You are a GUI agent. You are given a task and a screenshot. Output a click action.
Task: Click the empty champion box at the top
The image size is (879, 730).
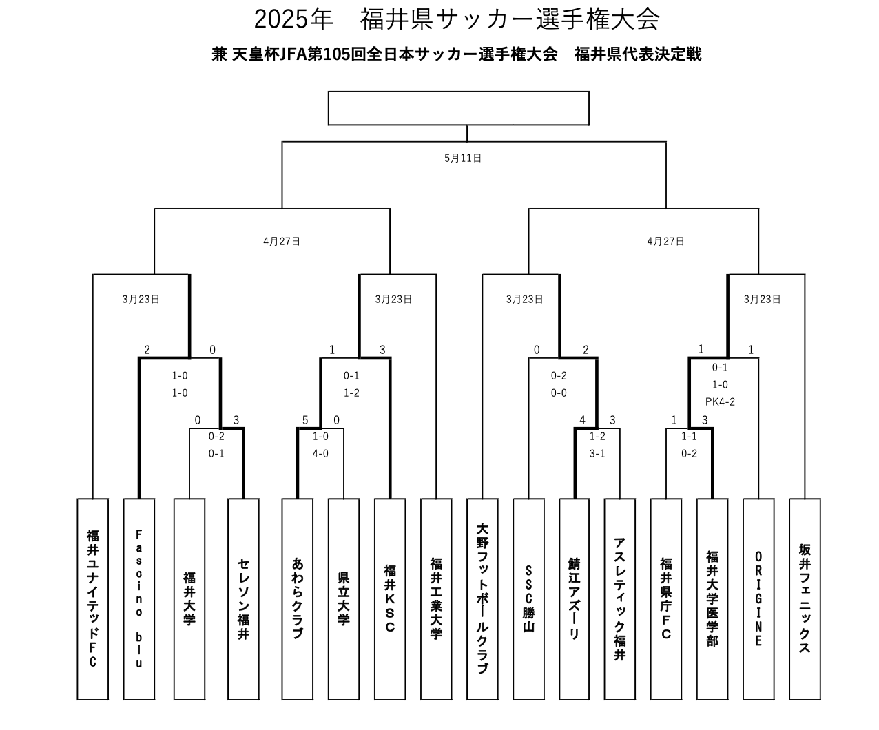point(459,108)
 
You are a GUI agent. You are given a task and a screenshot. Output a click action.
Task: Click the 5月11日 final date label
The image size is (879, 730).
point(463,158)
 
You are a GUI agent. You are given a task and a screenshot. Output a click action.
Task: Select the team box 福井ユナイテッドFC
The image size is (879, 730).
point(92,599)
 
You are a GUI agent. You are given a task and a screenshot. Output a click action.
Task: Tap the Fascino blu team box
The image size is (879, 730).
point(139,599)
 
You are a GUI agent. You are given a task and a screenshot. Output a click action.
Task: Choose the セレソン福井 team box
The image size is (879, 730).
point(243,599)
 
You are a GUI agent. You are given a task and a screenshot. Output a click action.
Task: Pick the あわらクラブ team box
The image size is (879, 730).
point(297,599)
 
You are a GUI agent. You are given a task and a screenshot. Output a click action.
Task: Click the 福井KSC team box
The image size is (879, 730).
point(390,599)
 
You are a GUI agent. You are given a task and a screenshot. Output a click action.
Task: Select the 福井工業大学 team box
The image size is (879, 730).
point(436,599)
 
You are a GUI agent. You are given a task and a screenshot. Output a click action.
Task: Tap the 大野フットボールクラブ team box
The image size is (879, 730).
point(482,599)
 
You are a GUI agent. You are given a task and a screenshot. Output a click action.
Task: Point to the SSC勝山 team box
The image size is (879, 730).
point(529,599)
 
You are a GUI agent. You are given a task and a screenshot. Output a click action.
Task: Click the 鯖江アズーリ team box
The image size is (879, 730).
point(575,599)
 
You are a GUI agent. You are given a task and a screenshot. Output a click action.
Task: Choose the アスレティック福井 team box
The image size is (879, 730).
point(620,599)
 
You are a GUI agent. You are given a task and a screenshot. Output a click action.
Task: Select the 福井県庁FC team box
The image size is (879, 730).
point(666,599)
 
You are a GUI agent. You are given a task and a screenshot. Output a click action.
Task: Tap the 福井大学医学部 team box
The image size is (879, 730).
point(712,599)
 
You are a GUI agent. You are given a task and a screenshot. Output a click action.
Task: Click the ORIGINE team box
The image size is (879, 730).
point(758,599)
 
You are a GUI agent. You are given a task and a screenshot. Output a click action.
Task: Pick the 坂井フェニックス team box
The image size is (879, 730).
point(805,599)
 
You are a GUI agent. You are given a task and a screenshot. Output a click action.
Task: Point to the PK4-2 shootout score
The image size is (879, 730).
point(720,401)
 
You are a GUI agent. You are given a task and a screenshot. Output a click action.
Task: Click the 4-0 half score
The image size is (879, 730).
point(320,453)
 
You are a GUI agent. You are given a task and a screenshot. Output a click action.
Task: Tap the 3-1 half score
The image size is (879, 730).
point(597,453)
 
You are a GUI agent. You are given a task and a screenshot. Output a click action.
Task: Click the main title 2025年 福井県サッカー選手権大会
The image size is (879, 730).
point(457,19)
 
